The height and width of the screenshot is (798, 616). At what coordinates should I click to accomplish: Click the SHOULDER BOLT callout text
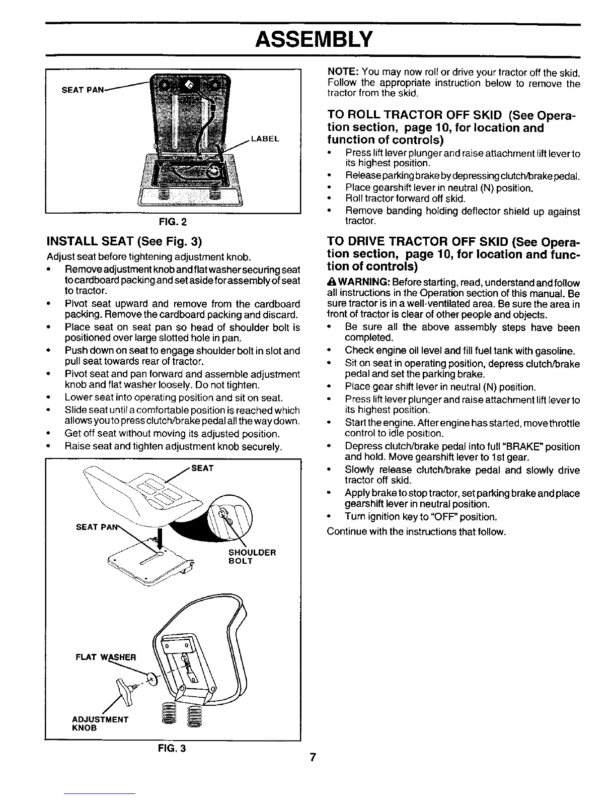252,556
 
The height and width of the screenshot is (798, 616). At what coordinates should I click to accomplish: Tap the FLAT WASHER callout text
106,657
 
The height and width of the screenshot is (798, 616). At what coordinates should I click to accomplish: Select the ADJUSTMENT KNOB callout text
101,723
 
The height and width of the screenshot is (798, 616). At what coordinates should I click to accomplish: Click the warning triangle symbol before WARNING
331,283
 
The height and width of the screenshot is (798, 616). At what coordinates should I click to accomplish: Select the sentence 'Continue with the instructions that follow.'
416,531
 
